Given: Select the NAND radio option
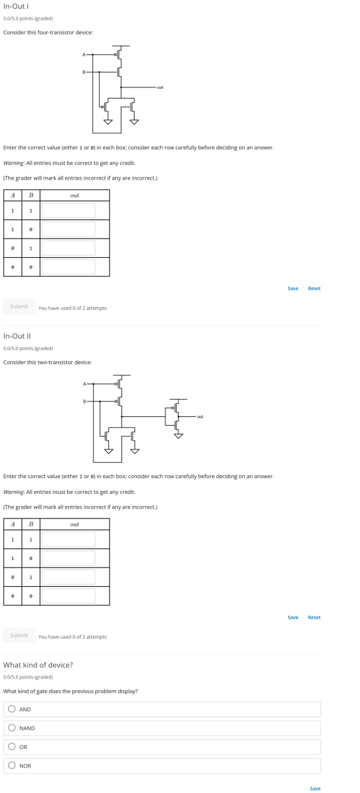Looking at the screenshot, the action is [x=12, y=727].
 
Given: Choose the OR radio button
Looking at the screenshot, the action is [x=12, y=746].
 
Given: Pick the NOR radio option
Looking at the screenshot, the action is [x=12, y=765].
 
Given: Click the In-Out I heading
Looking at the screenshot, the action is [x=16, y=6].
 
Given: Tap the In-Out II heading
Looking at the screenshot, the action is [x=17, y=336].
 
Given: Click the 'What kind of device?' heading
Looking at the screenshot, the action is [x=38, y=665].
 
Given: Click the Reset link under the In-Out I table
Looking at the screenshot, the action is [x=314, y=288].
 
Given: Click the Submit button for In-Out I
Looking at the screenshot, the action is [x=19, y=306].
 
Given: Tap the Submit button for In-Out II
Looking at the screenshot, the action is [x=19, y=635].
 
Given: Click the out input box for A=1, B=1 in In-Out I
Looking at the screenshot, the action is [x=68, y=210].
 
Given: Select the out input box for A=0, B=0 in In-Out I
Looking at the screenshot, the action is [x=68, y=266].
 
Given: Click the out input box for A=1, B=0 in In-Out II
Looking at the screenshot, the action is [x=68, y=558].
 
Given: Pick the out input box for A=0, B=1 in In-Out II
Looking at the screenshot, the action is [x=68, y=577].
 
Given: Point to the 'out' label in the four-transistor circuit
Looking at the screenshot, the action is [x=160, y=87].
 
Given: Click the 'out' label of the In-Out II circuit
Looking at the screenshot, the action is [x=200, y=417].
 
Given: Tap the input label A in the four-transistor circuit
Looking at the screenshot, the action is [x=84, y=55].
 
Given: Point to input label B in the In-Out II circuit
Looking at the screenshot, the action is [x=85, y=401].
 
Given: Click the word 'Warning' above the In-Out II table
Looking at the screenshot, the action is [x=14, y=492].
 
